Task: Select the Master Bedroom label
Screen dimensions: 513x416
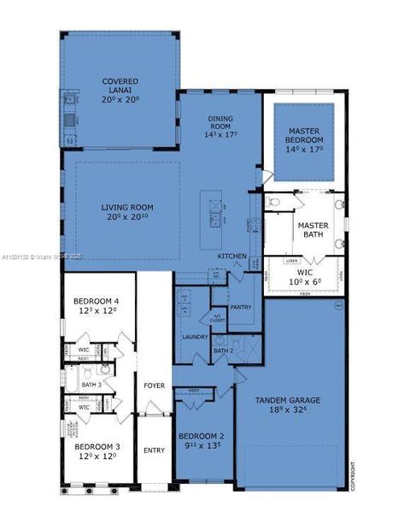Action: tap(303, 135)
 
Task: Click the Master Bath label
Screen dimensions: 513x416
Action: tap(313, 230)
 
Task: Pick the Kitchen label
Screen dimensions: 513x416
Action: tap(231, 256)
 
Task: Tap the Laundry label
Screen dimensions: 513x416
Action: tap(195, 337)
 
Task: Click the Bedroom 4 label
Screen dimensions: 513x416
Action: tap(96, 302)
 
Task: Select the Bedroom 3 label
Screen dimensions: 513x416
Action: tap(95, 447)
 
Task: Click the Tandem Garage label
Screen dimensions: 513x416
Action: tap(292, 400)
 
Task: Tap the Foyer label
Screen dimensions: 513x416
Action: tap(154, 386)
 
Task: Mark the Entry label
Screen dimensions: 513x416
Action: tap(154, 451)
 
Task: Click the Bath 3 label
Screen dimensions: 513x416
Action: tap(91, 385)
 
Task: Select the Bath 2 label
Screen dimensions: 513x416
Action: tap(223, 351)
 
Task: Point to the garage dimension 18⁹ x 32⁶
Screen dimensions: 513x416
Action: tap(292, 410)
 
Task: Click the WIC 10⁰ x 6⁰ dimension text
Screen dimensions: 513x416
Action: tap(304, 281)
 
